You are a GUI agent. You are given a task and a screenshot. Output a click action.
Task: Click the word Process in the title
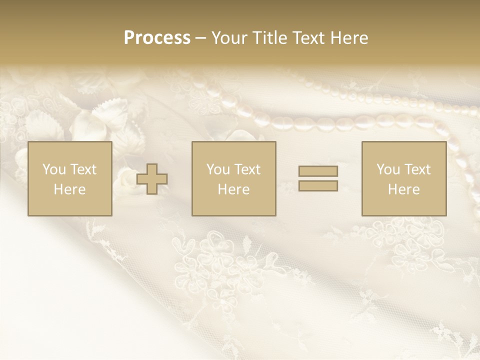coord(157,38)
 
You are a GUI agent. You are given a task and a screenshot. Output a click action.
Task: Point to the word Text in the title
coord(308,38)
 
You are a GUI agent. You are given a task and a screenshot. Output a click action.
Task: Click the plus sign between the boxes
coord(152,179)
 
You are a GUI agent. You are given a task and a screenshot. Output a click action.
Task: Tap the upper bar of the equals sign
coord(318,171)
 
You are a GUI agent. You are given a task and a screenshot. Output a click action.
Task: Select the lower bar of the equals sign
coord(318,186)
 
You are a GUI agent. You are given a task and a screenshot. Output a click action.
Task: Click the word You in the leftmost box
coord(54,169)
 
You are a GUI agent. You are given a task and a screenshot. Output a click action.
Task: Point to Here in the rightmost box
coord(403,189)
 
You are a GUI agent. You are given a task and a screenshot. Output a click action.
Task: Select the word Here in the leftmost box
coord(69,189)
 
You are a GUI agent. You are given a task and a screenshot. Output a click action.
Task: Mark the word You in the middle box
coord(218,169)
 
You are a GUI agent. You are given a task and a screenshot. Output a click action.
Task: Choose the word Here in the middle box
coord(233,189)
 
